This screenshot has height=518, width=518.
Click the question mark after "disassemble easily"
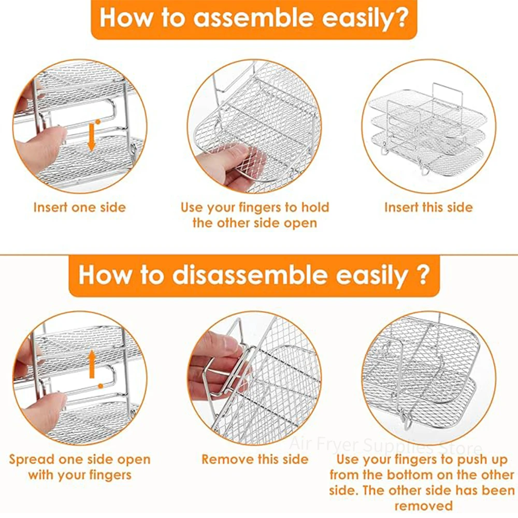click(423, 275)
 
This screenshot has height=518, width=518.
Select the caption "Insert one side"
click(80, 208)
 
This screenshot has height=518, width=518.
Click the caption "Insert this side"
click(428, 208)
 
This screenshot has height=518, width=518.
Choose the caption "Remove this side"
click(255, 459)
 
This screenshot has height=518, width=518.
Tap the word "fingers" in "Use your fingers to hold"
click(262, 208)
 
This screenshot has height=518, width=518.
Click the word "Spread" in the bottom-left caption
click(32, 460)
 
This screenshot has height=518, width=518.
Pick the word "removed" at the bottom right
click(424, 506)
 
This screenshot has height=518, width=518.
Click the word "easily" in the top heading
click(365, 19)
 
